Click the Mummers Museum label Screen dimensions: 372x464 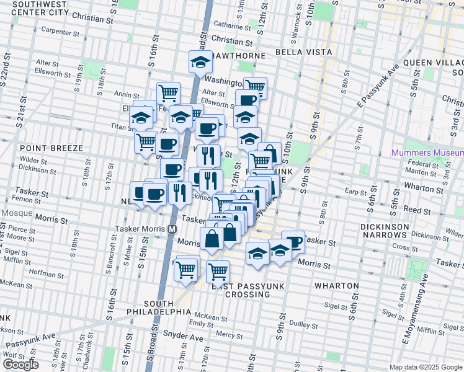tap(427, 153)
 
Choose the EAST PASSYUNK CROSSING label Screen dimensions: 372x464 tap(241, 290)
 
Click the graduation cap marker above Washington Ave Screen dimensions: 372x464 tap(200, 61)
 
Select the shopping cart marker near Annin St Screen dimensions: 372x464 tap(168, 94)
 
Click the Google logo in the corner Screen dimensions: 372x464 tap(20, 365)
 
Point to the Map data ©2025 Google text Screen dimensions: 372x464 tap(426, 367)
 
